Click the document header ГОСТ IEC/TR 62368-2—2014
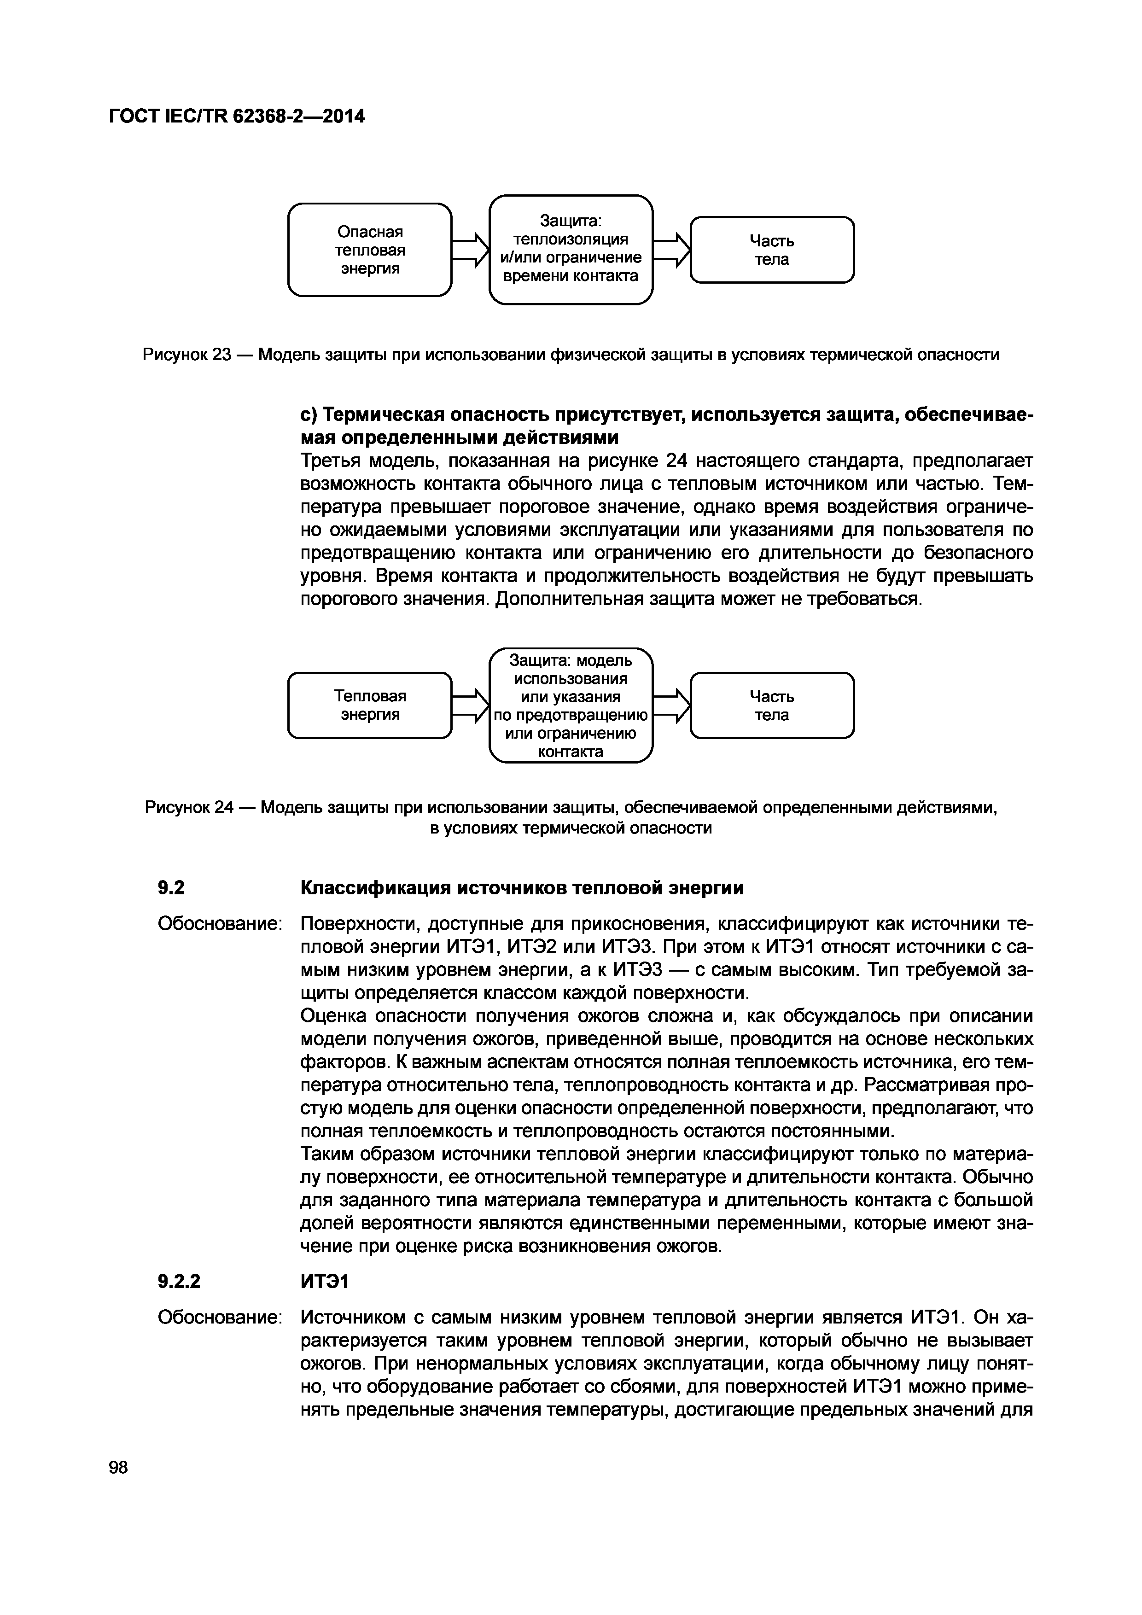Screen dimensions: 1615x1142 tap(237, 116)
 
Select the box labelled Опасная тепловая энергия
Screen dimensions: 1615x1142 tap(370, 250)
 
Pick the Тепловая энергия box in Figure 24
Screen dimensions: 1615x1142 tap(370, 705)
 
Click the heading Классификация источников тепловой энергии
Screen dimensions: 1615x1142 tap(522, 888)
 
